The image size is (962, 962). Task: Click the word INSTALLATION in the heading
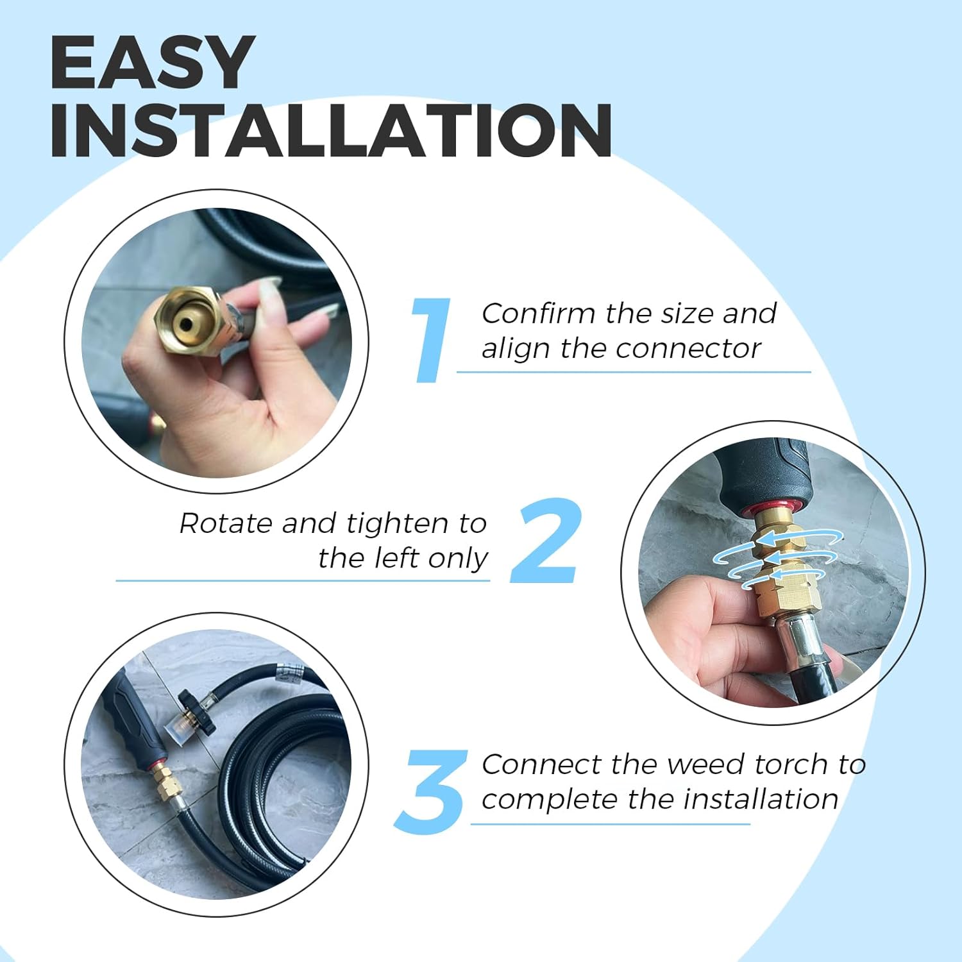click(331, 131)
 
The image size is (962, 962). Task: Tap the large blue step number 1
click(430, 341)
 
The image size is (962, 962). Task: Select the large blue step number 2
click(546, 541)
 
